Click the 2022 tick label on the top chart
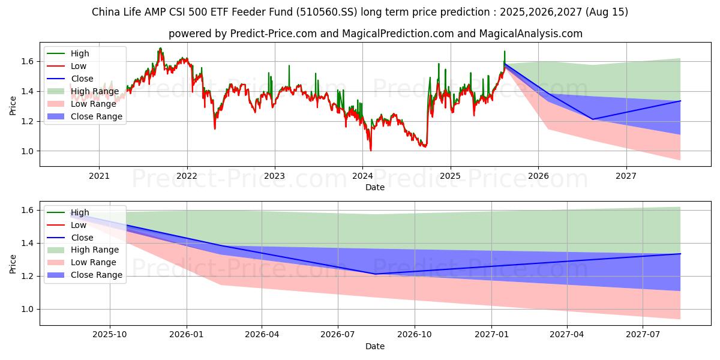click(x=187, y=176)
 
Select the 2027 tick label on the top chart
click(x=626, y=176)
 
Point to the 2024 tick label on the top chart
click(x=362, y=176)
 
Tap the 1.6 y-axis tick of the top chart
click(x=26, y=61)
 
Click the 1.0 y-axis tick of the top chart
click(x=26, y=151)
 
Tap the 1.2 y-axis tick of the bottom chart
click(x=26, y=277)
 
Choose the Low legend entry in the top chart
click(x=79, y=66)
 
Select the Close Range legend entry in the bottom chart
click(x=96, y=275)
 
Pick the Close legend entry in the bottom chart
click(x=82, y=238)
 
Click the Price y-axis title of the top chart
click(x=13, y=106)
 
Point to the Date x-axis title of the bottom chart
click(x=375, y=346)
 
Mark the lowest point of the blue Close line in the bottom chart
click(x=376, y=274)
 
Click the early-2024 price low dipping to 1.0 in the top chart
click(x=370, y=150)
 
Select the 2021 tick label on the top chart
click(x=99, y=176)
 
